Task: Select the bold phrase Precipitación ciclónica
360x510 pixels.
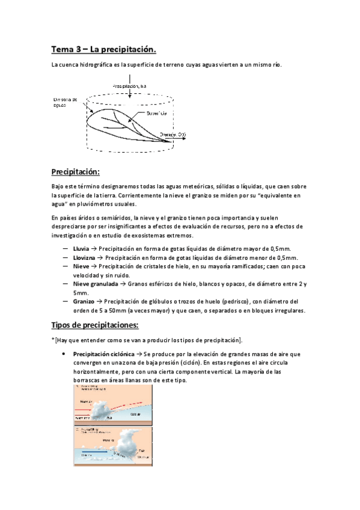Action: coord(103,354)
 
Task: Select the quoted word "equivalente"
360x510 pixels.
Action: coord(281,195)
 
